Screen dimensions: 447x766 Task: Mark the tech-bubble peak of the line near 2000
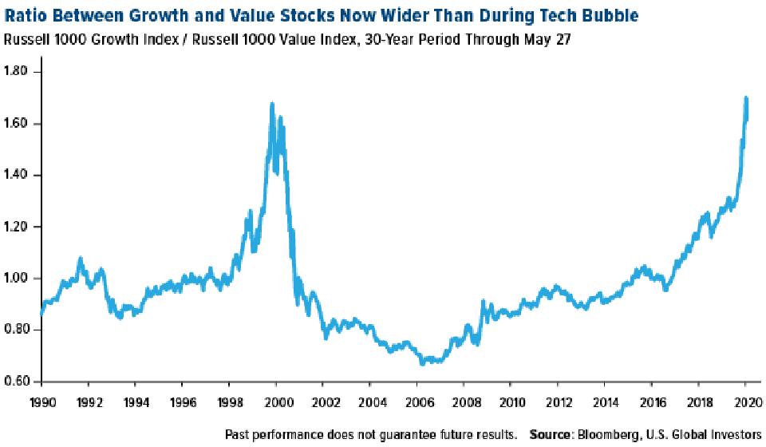point(272,103)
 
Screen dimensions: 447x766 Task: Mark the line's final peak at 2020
point(745,97)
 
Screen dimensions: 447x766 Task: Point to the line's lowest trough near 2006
point(421,364)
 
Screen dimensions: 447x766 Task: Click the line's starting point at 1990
point(41,316)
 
